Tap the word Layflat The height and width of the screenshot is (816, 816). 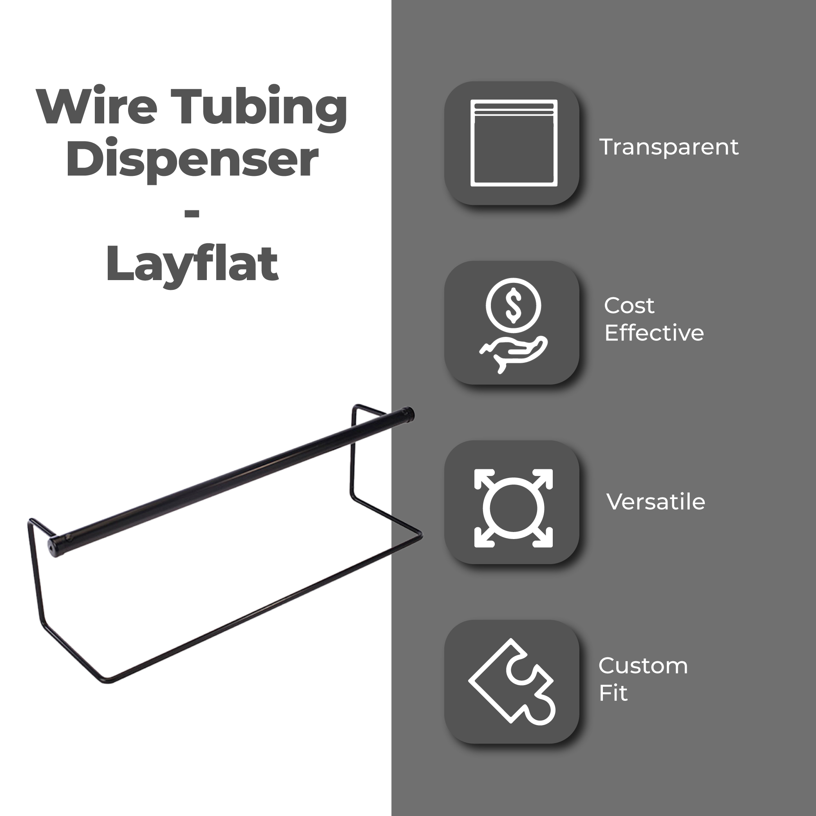pos(192,264)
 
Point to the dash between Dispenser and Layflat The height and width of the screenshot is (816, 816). pos(192,214)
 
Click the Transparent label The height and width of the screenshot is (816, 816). pos(669,147)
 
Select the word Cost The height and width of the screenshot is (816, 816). pos(629,306)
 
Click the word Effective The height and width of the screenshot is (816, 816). pos(654,333)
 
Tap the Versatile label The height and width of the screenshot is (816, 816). pos(655,502)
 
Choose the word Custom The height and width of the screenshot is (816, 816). pos(643,666)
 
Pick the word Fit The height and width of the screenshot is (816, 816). pos(613,693)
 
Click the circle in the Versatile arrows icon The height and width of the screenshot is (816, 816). pos(514,508)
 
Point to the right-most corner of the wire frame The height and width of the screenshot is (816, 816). pos(421,536)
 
